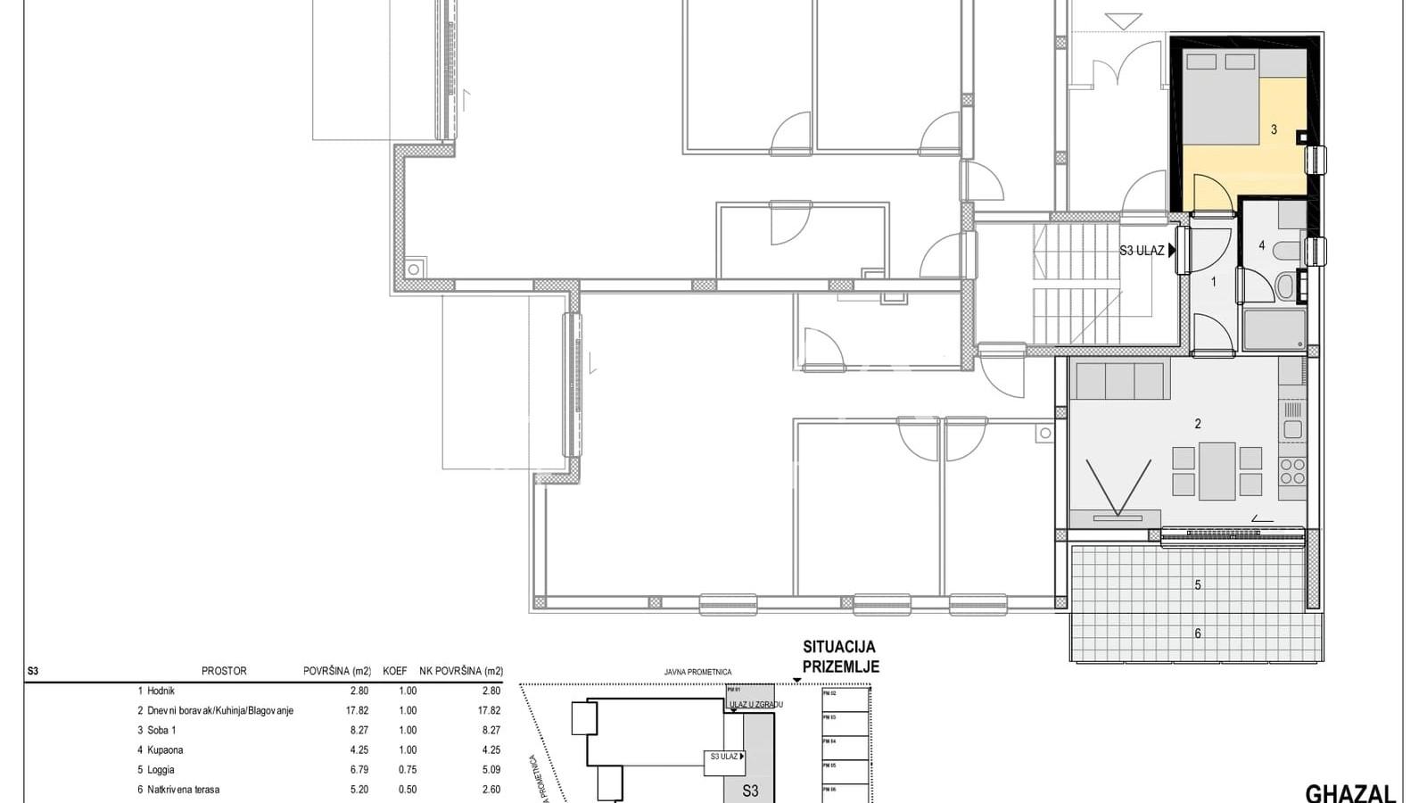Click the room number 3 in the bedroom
[x=1274, y=130]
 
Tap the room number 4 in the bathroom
[x=1261, y=245]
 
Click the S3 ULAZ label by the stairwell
[x=1142, y=251]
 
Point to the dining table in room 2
[x=1217, y=471]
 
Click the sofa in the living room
[x=1120, y=380]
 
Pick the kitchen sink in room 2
[x=1292, y=429]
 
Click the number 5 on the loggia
[x=1198, y=585]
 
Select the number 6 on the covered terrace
[x=1198, y=633]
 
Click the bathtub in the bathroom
[x=1274, y=329]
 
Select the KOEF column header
[x=395, y=671]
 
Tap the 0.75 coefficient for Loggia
[x=407, y=770]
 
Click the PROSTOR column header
[x=224, y=671]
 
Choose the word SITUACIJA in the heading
[x=839, y=647]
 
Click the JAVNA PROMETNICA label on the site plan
[x=697, y=673]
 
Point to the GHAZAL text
[x=1349, y=793]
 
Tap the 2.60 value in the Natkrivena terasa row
[x=490, y=790]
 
